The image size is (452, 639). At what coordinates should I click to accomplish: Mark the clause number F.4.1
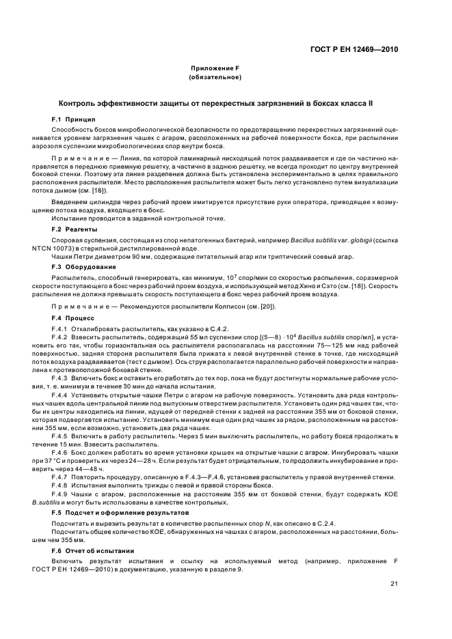pos(62,329)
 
